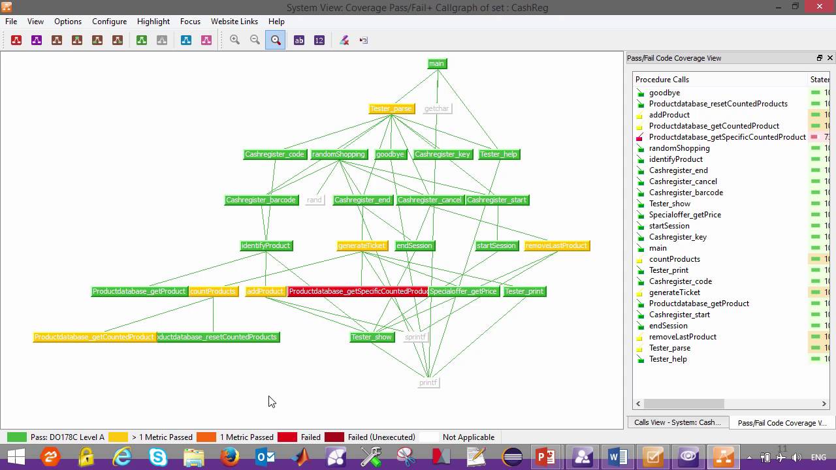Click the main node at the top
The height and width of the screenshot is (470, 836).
point(436,63)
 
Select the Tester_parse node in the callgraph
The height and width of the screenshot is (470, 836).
point(391,108)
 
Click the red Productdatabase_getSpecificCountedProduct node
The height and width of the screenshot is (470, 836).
point(357,291)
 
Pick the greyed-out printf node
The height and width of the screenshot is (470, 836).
point(428,383)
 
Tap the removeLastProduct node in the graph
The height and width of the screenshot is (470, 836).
point(556,245)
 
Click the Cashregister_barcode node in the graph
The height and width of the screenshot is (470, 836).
point(261,200)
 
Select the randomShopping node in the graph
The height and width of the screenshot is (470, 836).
point(338,154)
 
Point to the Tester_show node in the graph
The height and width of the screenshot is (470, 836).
point(371,337)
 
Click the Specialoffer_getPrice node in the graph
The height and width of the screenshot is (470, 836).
point(464,291)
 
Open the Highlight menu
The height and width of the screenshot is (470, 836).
point(153,22)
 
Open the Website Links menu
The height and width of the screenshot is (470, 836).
point(234,22)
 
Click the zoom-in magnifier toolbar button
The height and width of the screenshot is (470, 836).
point(235,40)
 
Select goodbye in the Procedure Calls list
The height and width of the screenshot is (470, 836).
point(664,93)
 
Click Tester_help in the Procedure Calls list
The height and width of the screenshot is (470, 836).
point(667,359)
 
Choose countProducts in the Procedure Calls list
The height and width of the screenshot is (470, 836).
point(674,259)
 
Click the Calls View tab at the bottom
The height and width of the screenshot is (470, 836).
point(677,422)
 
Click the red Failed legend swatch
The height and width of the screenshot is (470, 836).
point(287,437)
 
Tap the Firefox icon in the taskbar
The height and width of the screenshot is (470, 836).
point(229,457)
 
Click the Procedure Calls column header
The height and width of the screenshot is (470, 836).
point(662,80)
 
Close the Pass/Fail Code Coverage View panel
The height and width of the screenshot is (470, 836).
point(830,58)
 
